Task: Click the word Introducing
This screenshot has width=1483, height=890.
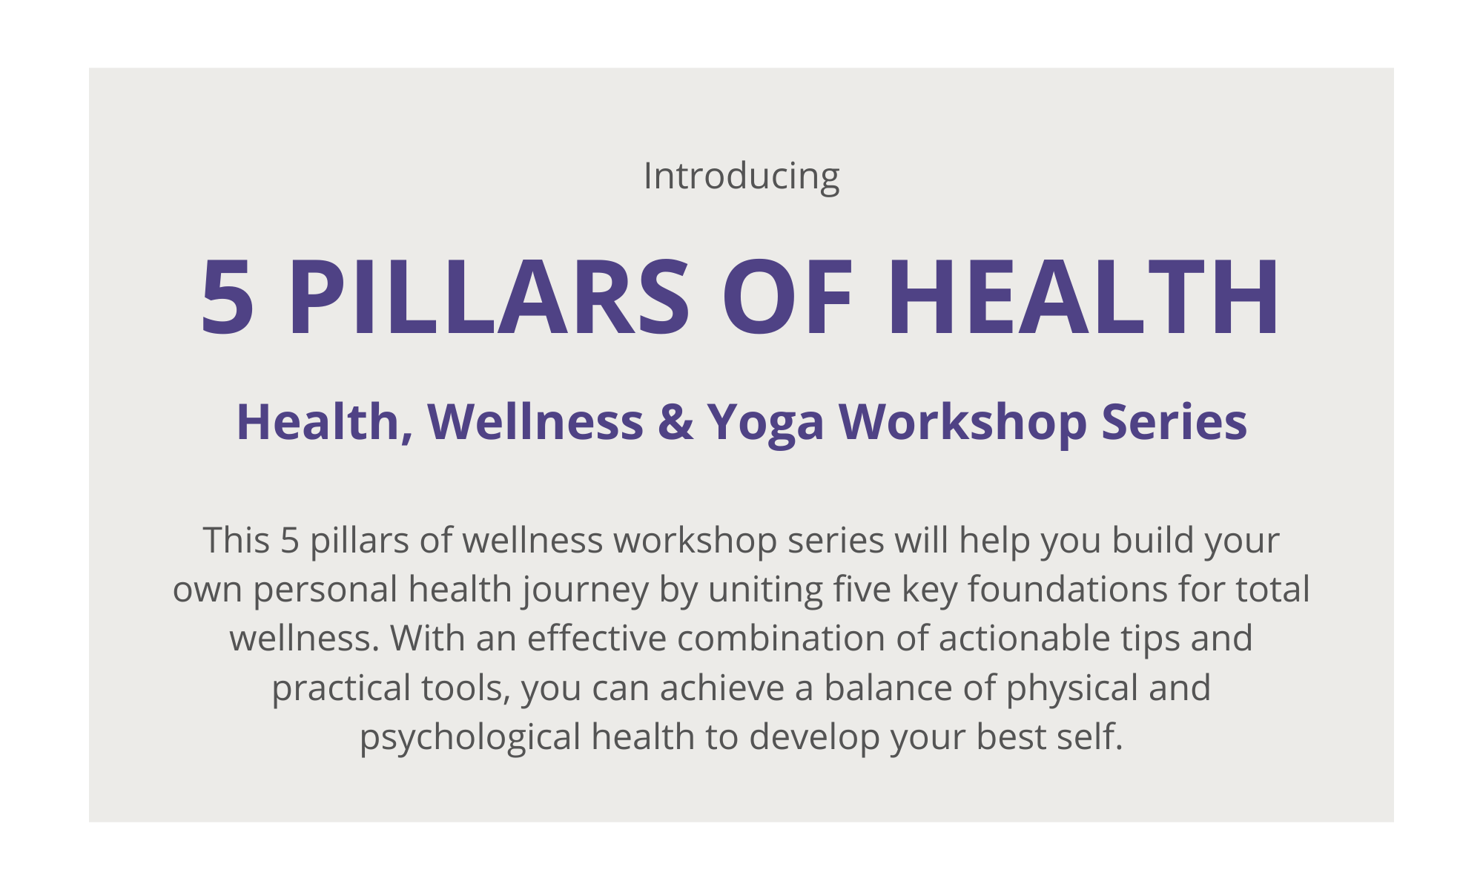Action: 741,177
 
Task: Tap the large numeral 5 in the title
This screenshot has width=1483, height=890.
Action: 228,297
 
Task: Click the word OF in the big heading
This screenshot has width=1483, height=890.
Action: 787,297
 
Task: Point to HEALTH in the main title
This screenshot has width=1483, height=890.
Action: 1083,297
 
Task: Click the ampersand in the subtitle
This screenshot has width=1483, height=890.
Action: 676,421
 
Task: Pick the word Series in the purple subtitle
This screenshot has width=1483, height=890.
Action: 1174,421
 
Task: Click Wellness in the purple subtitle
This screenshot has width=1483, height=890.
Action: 535,421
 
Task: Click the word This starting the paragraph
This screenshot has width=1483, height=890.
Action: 236,540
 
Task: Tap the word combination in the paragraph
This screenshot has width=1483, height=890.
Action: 781,639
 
